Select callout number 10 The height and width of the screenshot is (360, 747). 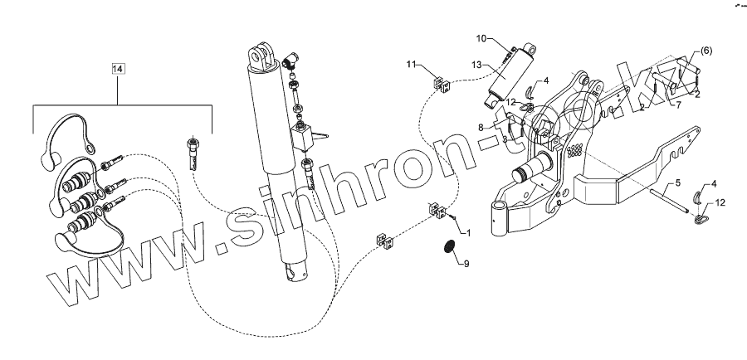(481, 39)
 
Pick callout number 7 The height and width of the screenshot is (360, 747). (677, 105)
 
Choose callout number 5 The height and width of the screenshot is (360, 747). (677, 182)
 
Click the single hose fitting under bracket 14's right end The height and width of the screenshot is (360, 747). (192, 151)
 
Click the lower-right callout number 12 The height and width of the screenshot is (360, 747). (720, 202)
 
